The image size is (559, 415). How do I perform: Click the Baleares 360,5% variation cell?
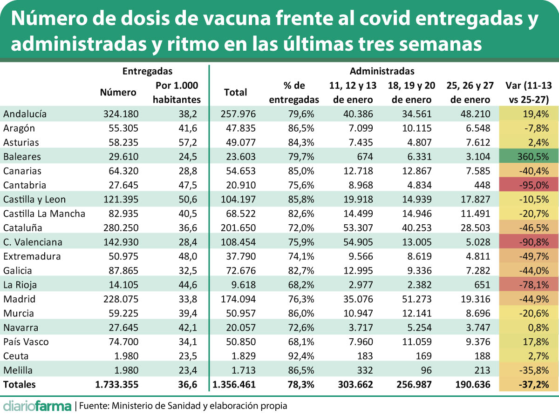tap(528, 156)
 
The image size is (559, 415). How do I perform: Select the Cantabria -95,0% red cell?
tap(528, 185)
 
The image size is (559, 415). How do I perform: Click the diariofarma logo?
tap(37, 405)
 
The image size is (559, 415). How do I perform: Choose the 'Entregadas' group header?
tap(147, 71)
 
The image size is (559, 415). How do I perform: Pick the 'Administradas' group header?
tap(382, 71)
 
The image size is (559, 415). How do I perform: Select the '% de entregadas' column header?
tap(294, 93)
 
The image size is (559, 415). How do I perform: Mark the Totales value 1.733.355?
tap(117, 385)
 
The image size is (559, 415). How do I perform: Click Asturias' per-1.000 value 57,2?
tap(188, 142)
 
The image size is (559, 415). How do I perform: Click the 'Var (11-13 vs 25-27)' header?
tap(528, 93)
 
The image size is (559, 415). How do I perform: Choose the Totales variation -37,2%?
tap(532, 385)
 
